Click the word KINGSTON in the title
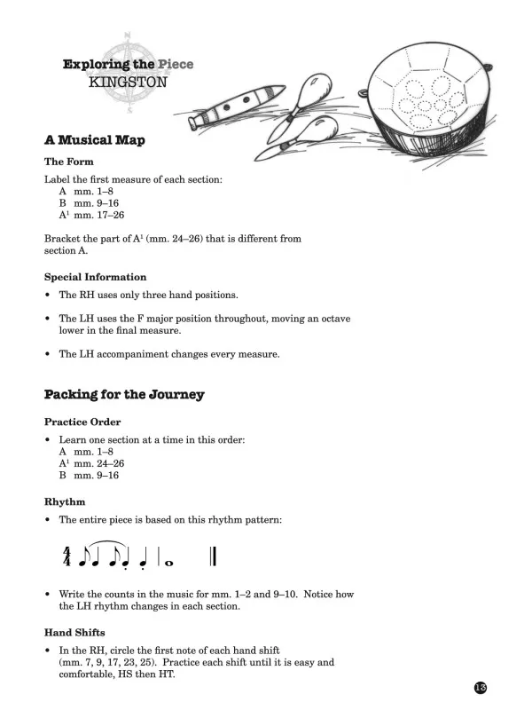(128, 82)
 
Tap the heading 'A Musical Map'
(95, 140)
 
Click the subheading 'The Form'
(69, 162)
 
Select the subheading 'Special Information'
(96, 277)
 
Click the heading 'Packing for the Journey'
(124, 394)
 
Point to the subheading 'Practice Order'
(82, 421)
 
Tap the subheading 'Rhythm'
(65, 501)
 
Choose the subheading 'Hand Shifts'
(75, 632)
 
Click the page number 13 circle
(481, 689)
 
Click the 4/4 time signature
(66, 556)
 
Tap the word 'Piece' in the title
(174, 65)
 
